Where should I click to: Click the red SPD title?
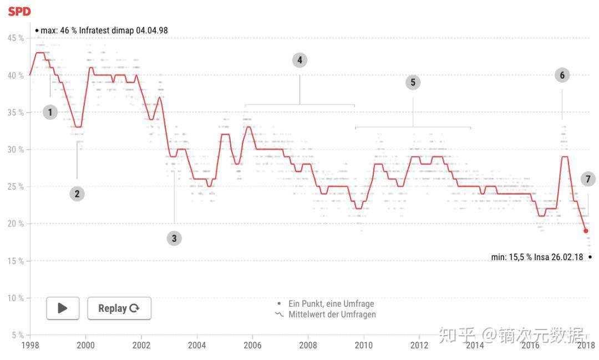tap(19, 11)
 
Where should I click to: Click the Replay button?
tap(119, 308)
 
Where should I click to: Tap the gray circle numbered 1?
tap(50, 113)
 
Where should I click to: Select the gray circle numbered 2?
tap(77, 194)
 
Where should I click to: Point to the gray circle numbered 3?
tap(174, 239)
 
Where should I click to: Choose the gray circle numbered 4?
tap(299, 60)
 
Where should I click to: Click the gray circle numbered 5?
tap(413, 83)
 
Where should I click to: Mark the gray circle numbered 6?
tap(562, 75)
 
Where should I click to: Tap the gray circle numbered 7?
tap(588, 179)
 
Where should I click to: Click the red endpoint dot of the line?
tap(586, 231)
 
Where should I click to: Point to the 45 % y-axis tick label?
tap(16, 38)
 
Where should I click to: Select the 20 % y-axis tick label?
tap(16, 224)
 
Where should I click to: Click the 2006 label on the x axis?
tap(252, 345)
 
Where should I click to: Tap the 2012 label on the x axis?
tap(419, 345)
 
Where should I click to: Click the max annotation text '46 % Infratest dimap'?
tap(104, 31)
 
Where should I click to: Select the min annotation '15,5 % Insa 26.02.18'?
tap(537, 257)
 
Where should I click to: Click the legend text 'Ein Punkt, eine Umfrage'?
tap(331, 304)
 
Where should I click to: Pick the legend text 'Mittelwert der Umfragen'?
tap(332, 315)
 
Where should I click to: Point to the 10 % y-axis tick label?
tap(16, 298)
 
